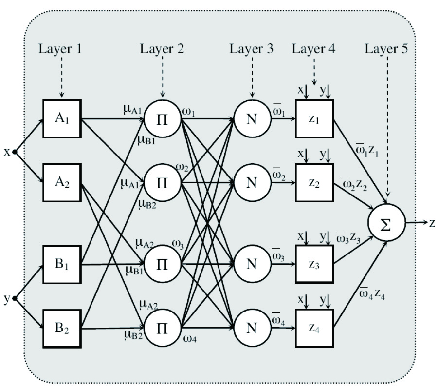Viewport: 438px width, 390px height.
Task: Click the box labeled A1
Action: pos(62,118)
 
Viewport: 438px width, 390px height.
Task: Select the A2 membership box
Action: pos(62,183)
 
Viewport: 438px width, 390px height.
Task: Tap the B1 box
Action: pos(62,265)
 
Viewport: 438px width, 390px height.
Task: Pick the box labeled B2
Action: pos(62,328)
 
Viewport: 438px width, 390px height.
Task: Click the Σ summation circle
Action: pos(386,223)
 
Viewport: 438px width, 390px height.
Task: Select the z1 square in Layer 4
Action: pos(314,119)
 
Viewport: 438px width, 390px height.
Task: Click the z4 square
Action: pos(314,328)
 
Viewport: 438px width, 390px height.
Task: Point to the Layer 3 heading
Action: pos(252,49)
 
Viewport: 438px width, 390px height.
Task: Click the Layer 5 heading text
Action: pos(387,49)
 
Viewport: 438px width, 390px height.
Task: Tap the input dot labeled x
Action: pos(15,152)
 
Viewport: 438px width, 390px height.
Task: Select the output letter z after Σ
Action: pos(432,223)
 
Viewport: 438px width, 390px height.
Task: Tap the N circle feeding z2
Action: pos(252,183)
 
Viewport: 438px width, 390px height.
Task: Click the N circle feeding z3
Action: pos(252,264)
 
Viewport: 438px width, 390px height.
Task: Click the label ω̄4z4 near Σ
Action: pos(373,294)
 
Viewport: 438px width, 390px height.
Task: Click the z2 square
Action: pos(314,183)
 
